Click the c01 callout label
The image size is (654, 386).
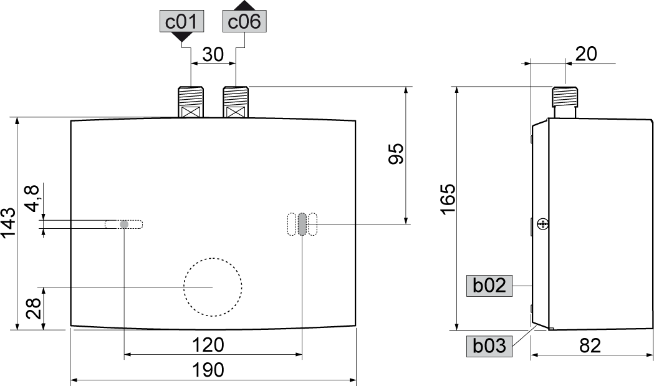pyautogui.click(x=181, y=22)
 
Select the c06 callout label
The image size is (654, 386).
pyautogui.click(x=244, y=22)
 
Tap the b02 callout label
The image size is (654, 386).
pyautogui.click(x=489, y=286)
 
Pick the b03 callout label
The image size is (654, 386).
pyautogui.click(x=489, y=345)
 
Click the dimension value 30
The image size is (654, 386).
pyautogui.click(x=213, y=54)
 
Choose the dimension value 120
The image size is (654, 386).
pyautogui.click(x=209, y=345)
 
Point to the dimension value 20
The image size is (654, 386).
pyautogui.click(x=585, y=54)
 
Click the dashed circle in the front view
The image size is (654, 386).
pyautogui.click(x=213, y=287)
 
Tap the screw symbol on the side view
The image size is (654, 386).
pyautogui.click(x=542, y=223)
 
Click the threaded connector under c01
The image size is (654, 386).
pyautogui.click(x=191, y=102)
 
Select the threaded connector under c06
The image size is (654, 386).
pyautogui.click(x=236, y=102)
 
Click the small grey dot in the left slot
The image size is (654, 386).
pyautogui.click(x=124, y=224)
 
